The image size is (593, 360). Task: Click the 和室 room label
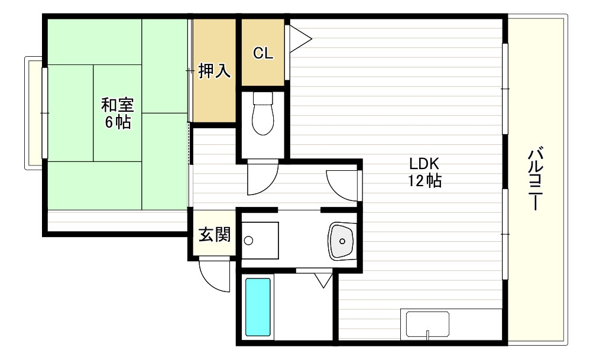tap(118, 106)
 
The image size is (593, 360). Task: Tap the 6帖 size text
tap(118, 123)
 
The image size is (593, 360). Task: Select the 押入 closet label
tap(213, 72)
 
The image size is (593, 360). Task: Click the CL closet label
tap(263, 53)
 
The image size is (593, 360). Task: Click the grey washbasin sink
tap(341, 240)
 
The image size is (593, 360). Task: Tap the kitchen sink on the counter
tap(427, 325)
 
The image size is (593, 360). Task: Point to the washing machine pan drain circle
tap(248, 241)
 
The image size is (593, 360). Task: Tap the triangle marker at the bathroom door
tap(323, 278)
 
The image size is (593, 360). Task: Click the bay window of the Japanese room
tap(34, 112)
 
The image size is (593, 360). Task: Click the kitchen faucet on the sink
tap(427, 335)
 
